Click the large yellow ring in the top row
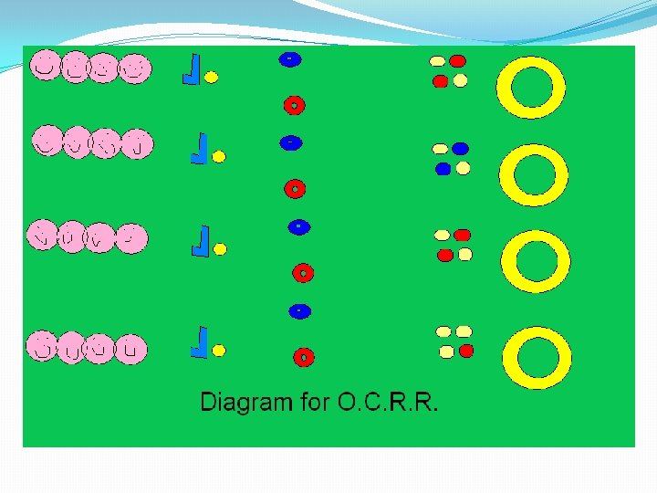532,88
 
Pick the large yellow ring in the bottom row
536,358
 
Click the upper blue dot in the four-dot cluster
460,148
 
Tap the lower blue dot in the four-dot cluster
443,169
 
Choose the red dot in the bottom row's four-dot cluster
466,351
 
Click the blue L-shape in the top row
192,69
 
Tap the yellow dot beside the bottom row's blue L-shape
219,350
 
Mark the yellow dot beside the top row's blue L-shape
211,78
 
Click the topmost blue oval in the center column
288,59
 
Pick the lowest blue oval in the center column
298,311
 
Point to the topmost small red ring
293,105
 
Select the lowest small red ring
304,356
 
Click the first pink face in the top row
44,65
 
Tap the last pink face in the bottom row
132,348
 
